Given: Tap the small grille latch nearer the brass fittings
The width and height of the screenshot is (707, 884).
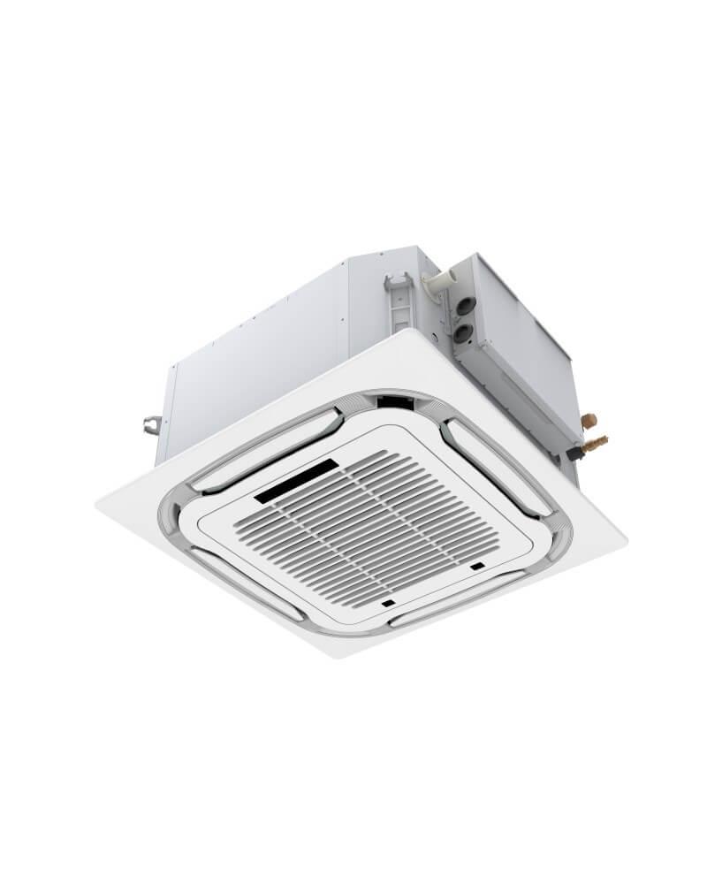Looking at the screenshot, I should (477, 566).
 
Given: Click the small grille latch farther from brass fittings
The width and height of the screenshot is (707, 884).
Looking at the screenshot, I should (388, 603).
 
